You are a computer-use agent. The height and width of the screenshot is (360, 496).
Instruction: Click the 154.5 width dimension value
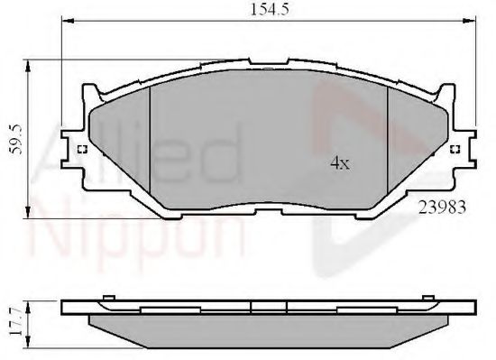(265, 10)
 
